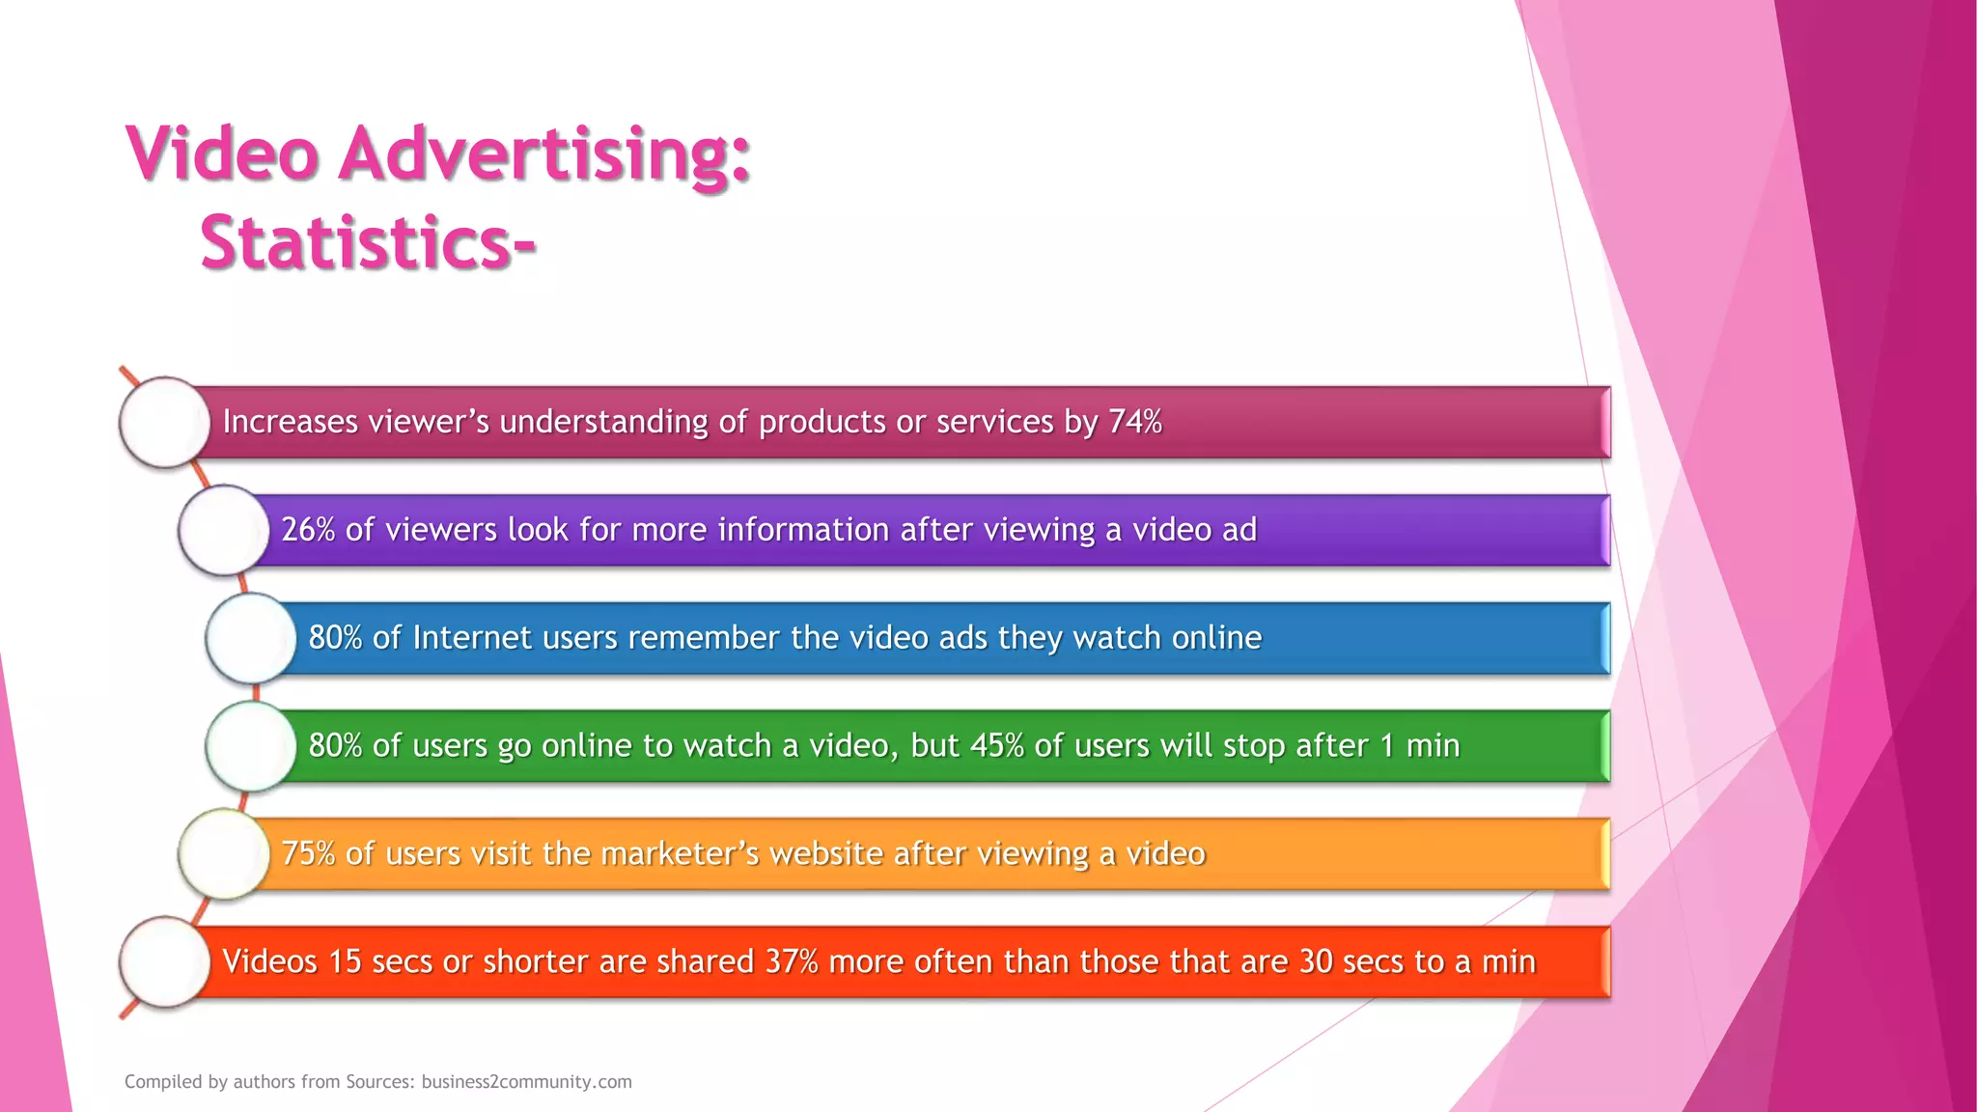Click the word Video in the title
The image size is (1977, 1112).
click(222, 154)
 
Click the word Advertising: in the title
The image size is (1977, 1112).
click(543, 154)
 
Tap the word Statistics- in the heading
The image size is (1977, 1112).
click(368, 242)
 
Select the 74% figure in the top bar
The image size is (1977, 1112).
click(1135, 422)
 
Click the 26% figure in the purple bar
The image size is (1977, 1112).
click(308, 530)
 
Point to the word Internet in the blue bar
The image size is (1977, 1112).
click(472, 638)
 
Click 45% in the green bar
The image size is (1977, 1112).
click(996, 746)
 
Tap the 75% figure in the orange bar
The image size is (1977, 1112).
click(308, 854)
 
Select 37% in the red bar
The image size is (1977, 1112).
click(792, 962)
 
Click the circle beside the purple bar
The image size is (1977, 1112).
click(224, 530)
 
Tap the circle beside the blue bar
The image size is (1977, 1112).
click(251, 638)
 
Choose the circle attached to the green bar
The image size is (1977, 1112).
click(251, 746)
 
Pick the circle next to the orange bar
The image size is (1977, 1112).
click(224, 854)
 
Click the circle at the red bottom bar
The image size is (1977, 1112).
click(165, 962)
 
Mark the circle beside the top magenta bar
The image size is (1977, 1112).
click(165, 422)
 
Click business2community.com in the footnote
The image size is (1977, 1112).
click(526, 1082)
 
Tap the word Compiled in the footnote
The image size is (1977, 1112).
click(162, 1082)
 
